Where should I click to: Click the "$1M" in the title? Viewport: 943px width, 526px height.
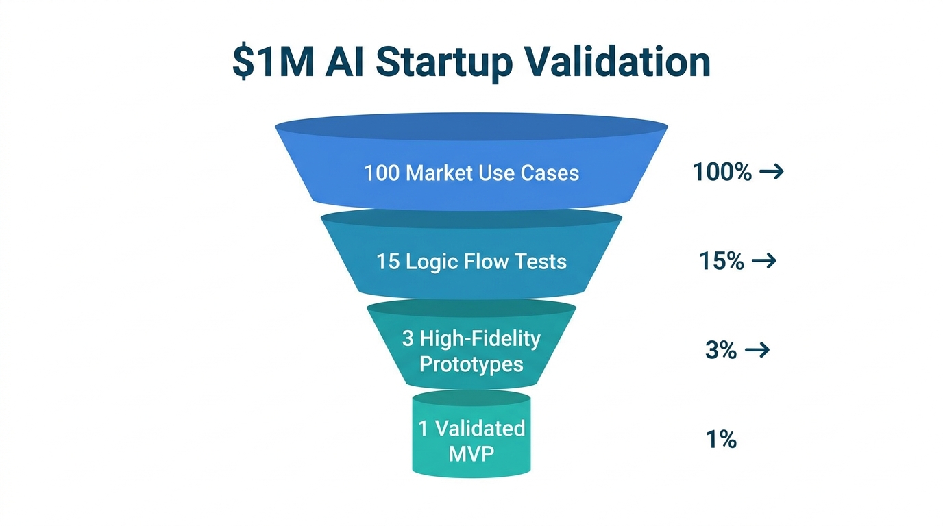pos(271,61)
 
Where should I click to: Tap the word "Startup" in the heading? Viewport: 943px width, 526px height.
pos(443,61)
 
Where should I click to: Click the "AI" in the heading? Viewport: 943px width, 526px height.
pos(345,61)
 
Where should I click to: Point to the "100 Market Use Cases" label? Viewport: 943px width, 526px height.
pos(472,173)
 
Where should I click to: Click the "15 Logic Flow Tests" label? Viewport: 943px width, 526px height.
pos(472,261)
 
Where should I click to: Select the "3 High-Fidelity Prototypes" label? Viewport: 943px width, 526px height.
pos(472,351)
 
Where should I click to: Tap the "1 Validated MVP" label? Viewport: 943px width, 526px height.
pos(472,440)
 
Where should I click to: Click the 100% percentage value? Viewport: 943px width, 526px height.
pos(722,172)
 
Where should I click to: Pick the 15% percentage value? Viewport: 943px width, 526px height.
pos(722,261)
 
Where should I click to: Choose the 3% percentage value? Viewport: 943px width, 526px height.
pos(720,351)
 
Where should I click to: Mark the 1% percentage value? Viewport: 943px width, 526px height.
pos(721,439)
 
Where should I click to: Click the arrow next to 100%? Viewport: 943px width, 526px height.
pos(772,172)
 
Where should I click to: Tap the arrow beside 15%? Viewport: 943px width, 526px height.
pos(764,261)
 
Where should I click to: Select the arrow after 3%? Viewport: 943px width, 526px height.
pos(757,351)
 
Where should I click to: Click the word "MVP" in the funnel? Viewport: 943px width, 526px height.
pos(472,453)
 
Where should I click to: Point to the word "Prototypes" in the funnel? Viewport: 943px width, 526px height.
pos(472,364)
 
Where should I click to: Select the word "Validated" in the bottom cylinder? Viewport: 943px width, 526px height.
pos(480,429)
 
